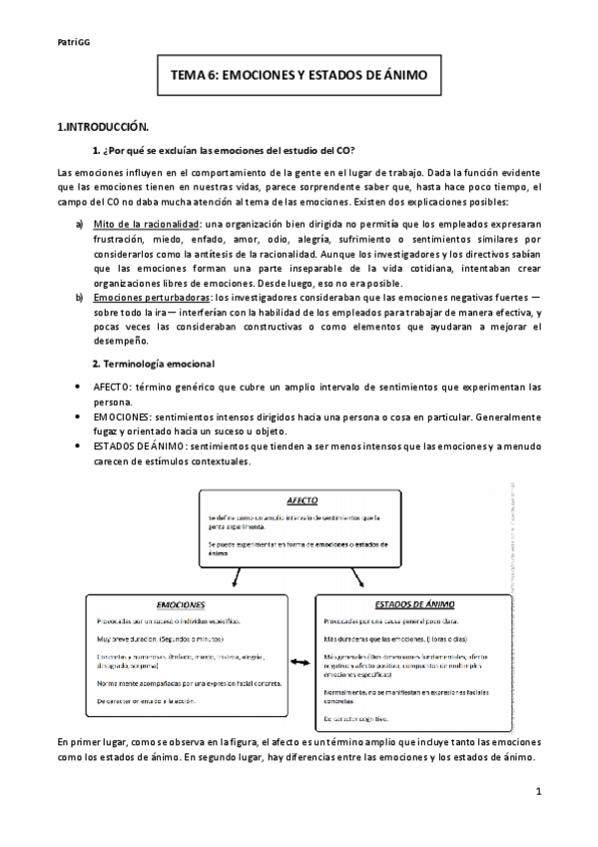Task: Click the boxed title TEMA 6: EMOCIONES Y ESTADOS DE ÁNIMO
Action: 299,75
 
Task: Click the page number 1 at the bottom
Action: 537,793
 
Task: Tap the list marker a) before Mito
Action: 80,227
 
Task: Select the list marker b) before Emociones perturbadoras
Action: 80,298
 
